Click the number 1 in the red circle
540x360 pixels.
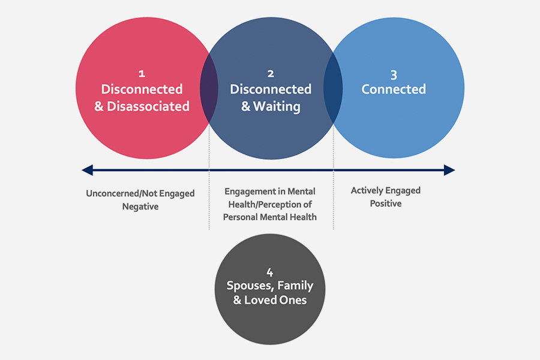coord(142,74)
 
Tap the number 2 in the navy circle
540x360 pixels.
coord(271,74)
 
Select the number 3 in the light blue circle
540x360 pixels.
coord(394,75)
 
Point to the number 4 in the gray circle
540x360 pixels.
coord(270,272)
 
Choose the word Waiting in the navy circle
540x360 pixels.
coord(277,107)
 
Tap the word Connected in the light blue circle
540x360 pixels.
coord(394,89)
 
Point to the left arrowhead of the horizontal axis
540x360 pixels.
coord(88,170)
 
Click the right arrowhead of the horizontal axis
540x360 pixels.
coord(449,170)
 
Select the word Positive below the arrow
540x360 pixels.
coord(386,203)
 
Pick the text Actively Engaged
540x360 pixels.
coord(386,191)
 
